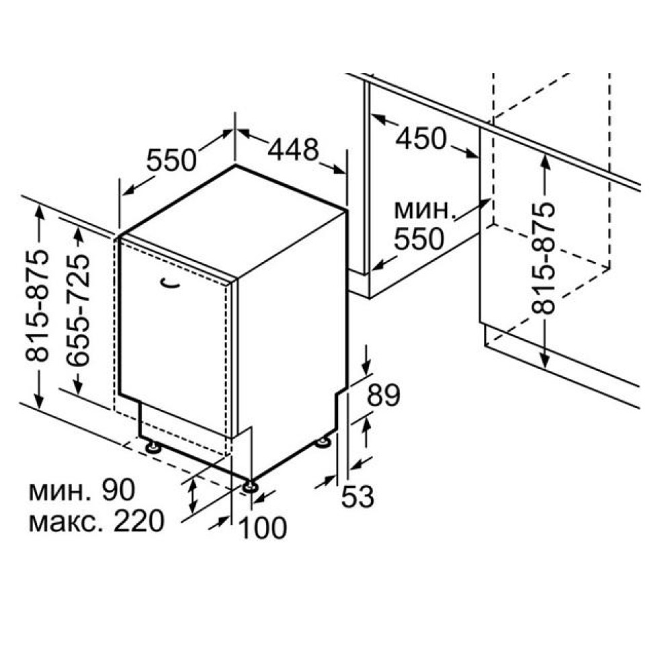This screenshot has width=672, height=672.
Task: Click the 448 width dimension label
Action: point(293,150)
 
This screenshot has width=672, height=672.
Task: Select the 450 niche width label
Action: point(420,138)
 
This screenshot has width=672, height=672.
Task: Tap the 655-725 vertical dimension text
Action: point(79,310)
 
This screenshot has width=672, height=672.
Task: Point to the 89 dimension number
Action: point(383,396)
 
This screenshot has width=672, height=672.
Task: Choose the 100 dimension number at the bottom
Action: point(263,528)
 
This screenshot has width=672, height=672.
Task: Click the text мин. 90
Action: point(81,491)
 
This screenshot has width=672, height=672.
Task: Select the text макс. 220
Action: point(96,521)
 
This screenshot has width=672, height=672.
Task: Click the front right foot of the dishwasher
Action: point(250,485)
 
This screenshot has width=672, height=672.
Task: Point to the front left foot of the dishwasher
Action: point(151,446)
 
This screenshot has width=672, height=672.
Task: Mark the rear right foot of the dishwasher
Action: point(324,442)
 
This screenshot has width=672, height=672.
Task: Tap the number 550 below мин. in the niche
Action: point(419,239)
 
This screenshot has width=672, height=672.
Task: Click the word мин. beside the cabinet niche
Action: point(423,210)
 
